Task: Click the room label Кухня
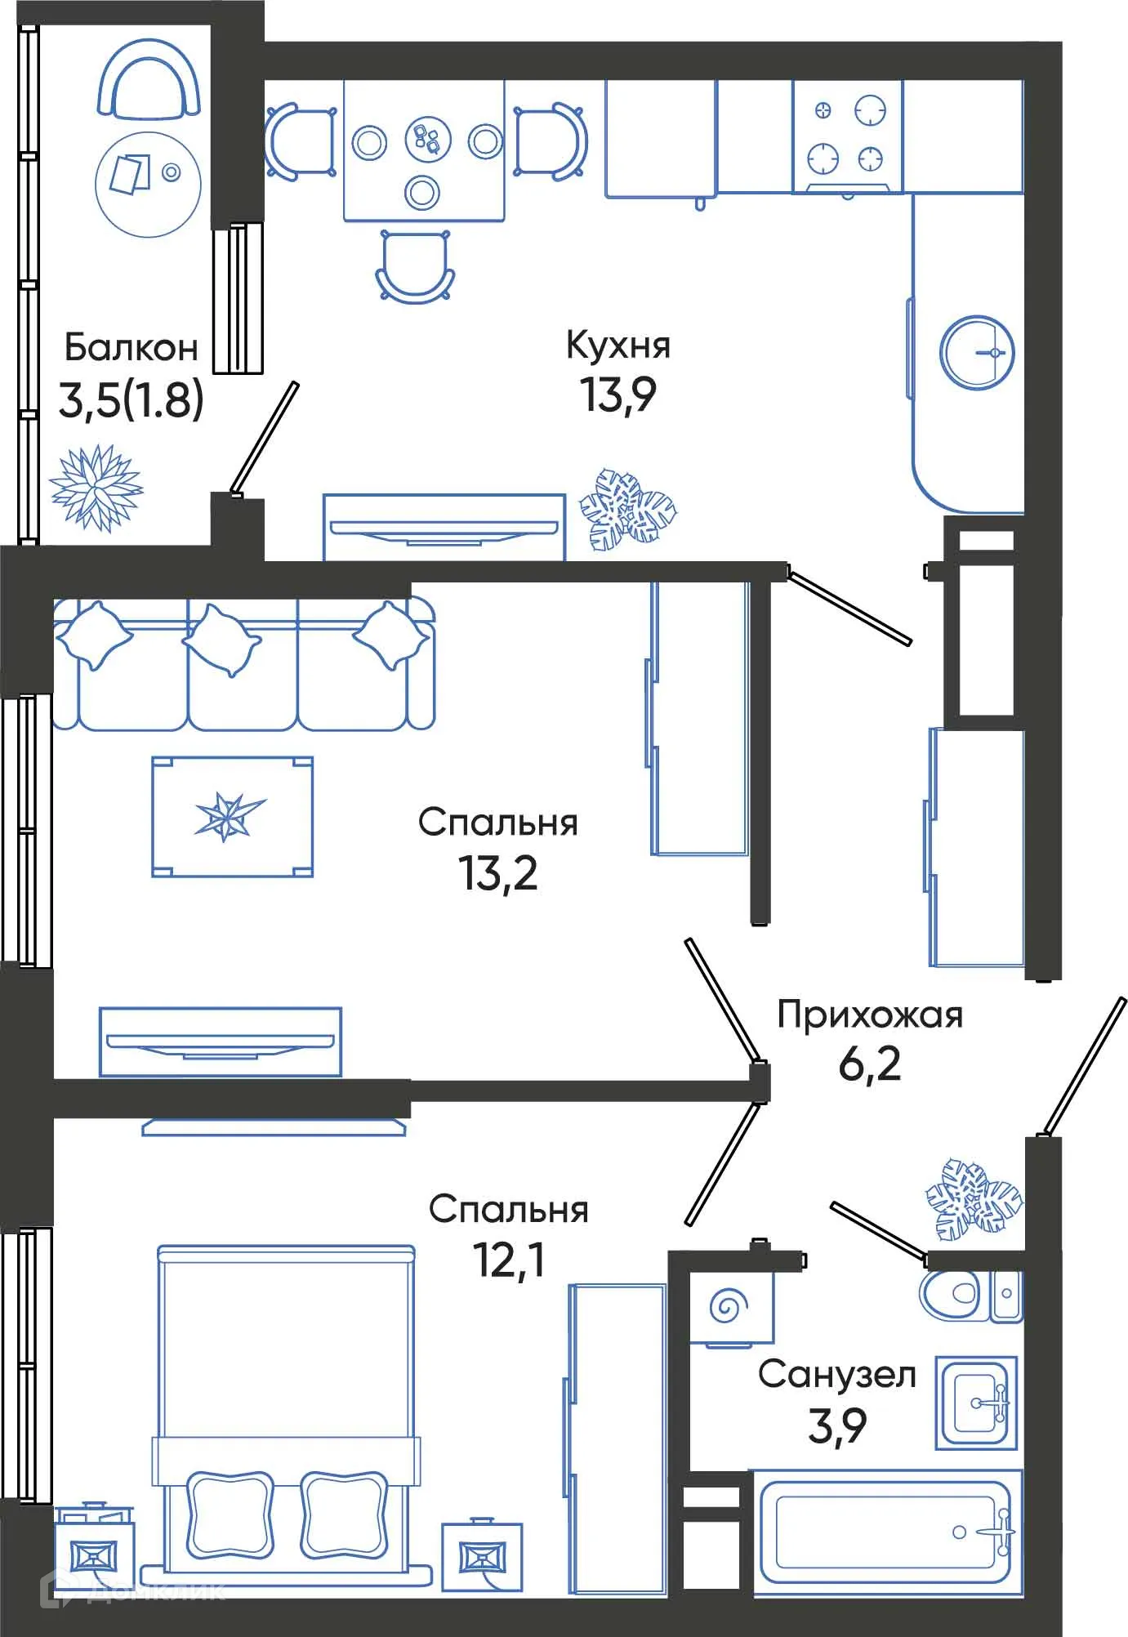[618, 346]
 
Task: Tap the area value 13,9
[618, 395]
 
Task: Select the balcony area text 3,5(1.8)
[131, 400]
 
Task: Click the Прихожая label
[869, 1015]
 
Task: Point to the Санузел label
[836, 1374]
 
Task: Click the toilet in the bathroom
[951, 1294]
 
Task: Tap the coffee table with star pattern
[232, 816]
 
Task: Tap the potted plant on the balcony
[96, 488]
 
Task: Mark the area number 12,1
[508, 1260]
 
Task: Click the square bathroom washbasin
[976, 1403]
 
